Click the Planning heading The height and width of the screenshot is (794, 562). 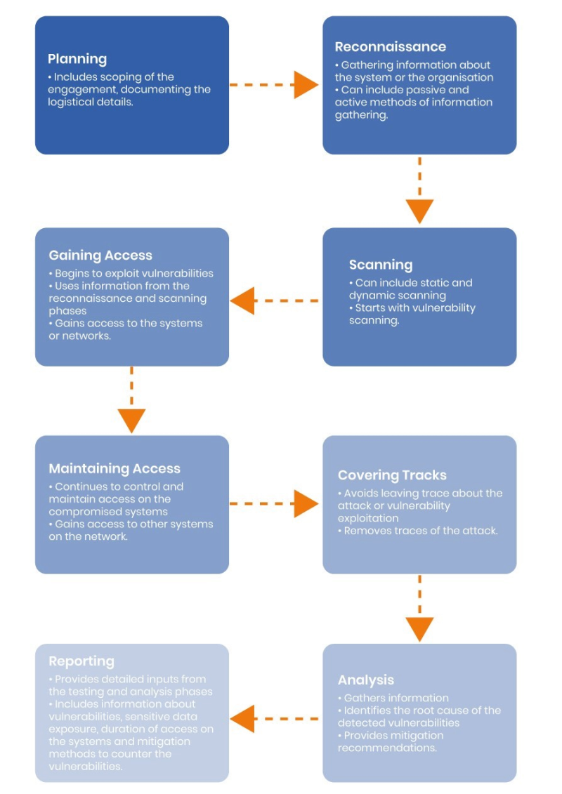coord(77,59)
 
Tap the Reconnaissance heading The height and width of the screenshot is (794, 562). coord(391,47)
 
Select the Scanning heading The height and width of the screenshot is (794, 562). coord(381,265)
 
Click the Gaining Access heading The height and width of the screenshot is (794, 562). coord(100,256)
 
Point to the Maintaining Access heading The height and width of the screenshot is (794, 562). coord(115,468)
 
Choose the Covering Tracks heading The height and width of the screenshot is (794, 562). coord(392,475)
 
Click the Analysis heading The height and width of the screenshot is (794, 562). coord(366,680)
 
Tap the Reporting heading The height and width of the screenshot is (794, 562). coord(81,661)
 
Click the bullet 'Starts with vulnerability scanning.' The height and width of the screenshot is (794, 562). coord(412,314)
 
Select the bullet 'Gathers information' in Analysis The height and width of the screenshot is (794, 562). coord(397,698)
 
